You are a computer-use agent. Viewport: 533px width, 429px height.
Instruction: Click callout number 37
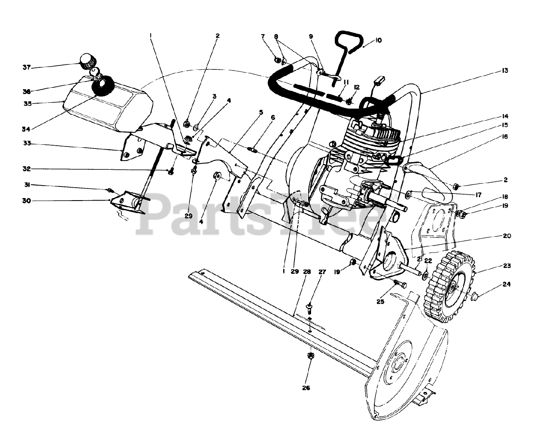(27, 67)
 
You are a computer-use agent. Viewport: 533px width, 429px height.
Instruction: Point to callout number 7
(263, 37)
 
